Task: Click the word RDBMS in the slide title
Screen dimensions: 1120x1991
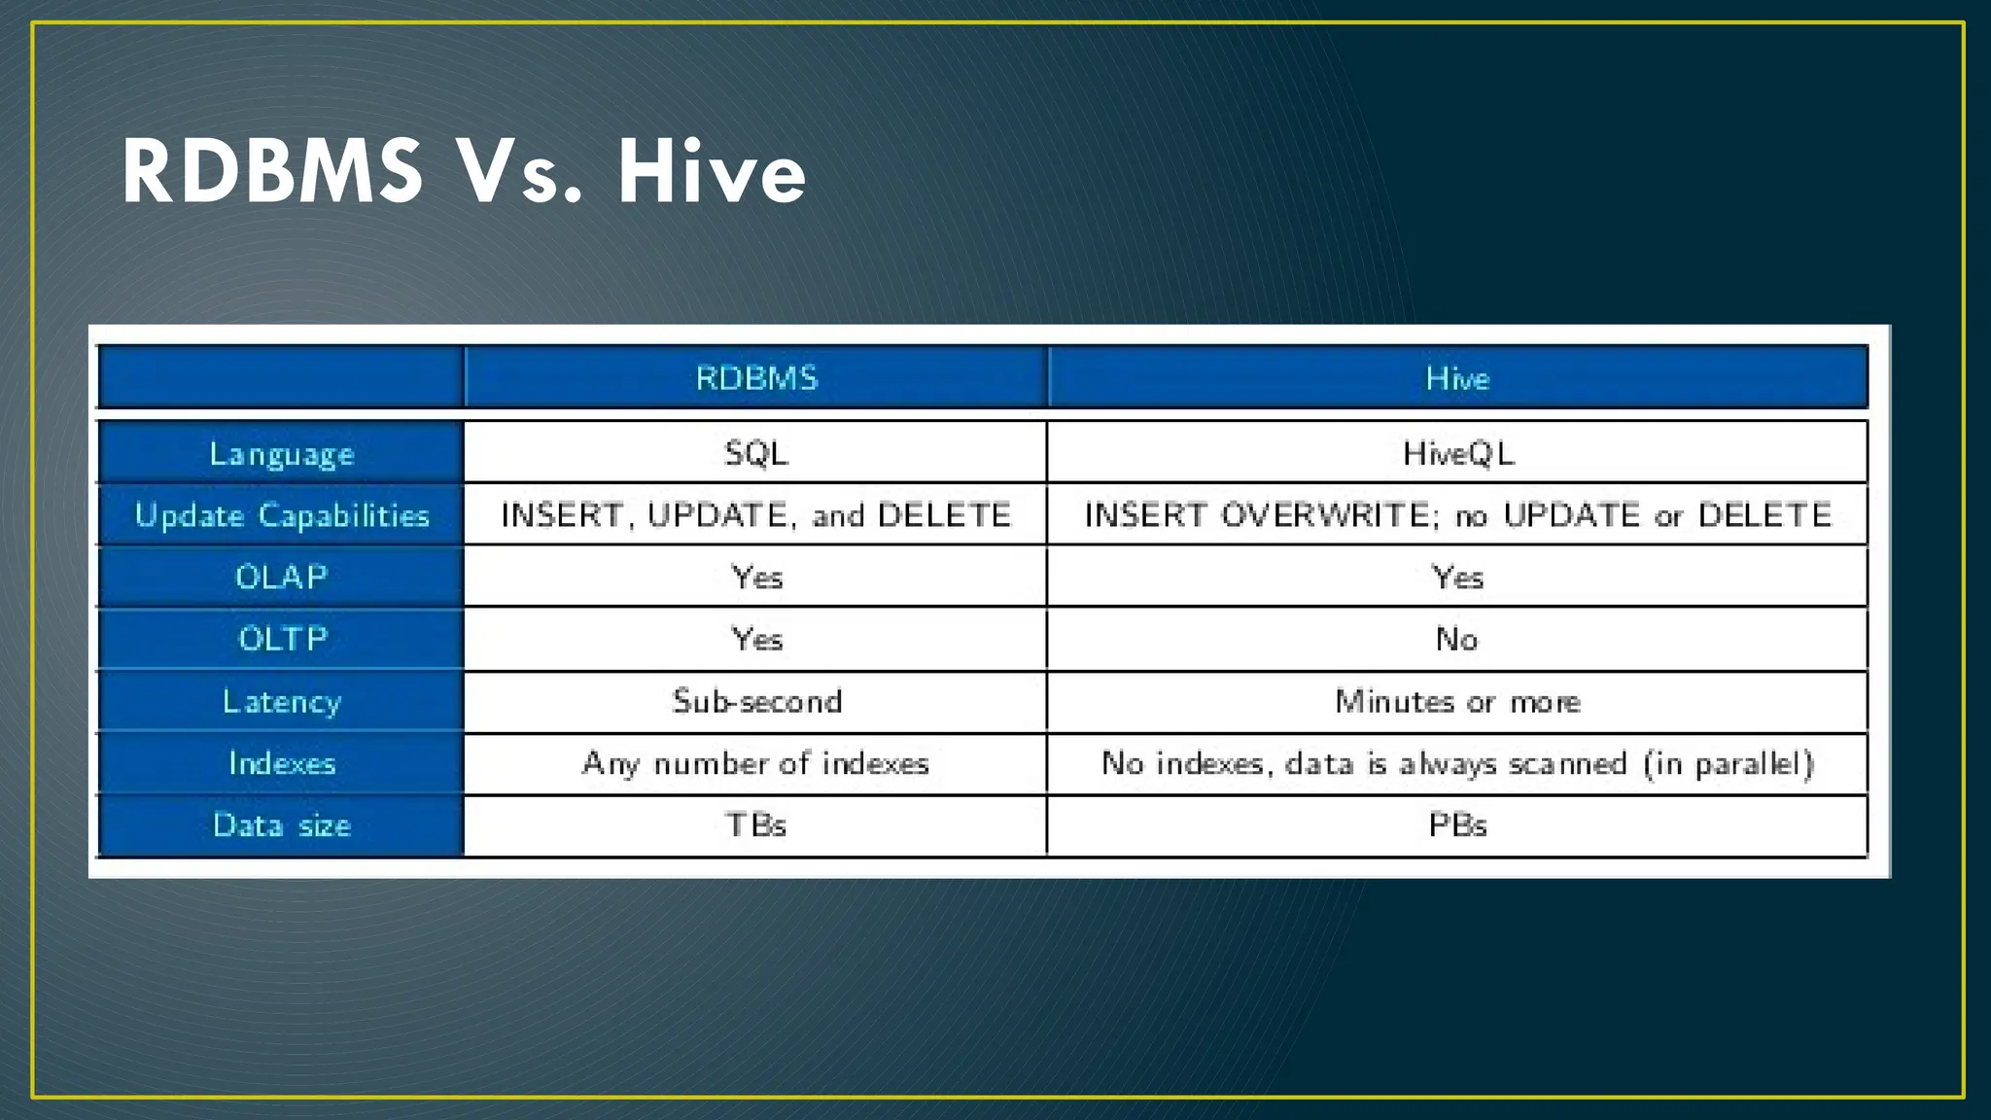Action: [272, 172]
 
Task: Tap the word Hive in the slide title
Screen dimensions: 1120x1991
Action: [712, 172]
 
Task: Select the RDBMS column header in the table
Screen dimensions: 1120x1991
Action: [756, 377]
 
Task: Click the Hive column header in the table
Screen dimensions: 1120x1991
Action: [1456, 377]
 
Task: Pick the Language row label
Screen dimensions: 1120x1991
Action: [282, 454]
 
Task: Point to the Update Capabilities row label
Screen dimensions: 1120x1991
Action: [282, 515]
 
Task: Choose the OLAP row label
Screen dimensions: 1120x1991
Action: [282, 577]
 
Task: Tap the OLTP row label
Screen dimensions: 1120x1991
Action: [283, 639]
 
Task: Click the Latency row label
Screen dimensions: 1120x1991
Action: [282, 701]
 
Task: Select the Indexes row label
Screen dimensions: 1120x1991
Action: [282, 763]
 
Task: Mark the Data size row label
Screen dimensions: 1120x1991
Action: [282, 825]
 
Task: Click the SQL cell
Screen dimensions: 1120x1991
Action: [756, 453]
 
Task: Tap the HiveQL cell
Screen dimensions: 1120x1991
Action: [1457, 453]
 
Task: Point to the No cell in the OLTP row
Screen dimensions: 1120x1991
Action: [1456, 639]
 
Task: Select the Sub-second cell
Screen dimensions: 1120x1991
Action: [756, 701]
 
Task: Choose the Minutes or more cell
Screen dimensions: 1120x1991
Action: [1456, 701]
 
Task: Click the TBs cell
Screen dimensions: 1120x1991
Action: [755, 825]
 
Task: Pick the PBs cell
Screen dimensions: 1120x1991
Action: [1456, 825]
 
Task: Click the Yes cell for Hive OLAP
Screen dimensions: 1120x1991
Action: [1456, 577]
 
